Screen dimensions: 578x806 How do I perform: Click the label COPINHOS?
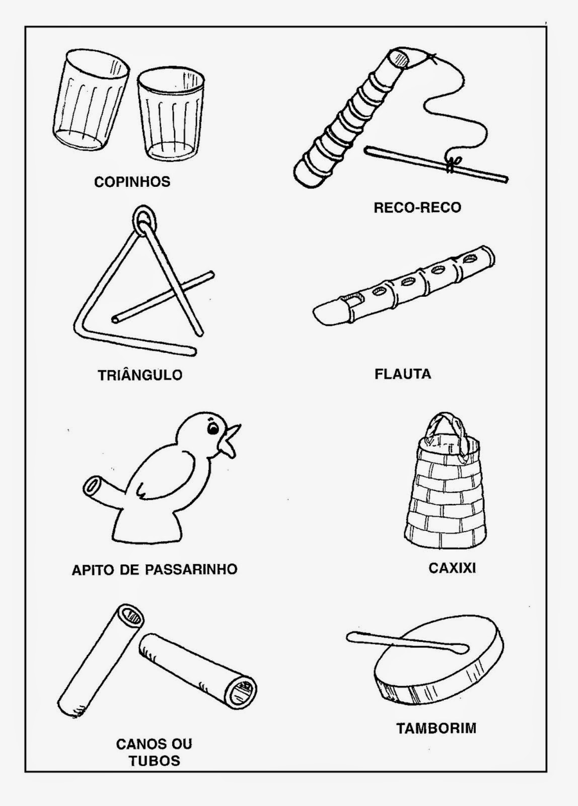point(132,182)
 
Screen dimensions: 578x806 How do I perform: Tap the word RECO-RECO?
point(417,208)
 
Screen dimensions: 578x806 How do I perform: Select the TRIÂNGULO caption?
point(140,375)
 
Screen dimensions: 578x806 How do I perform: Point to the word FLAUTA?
point(403,374)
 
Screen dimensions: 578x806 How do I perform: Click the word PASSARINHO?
point(191,570)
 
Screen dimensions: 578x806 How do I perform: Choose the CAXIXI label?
point(452,568)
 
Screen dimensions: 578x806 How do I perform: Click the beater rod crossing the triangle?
point(163,297)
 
